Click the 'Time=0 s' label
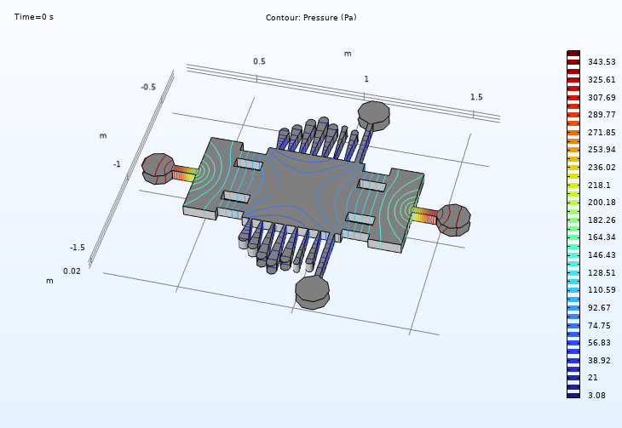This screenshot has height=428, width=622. [x=34, y=17]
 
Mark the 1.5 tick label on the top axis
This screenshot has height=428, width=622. [x=476, y=97]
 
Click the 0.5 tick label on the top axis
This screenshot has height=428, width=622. [x=259, y=61]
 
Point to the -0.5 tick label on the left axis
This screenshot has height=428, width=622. [x=148, y=87]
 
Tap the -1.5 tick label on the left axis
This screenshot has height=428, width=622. [x=78, y=248]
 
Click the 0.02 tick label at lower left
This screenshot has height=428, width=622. [x=72, y=271]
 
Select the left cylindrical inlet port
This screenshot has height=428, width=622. [x=157, y=168]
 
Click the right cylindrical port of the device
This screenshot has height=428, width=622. [x=453, y=220]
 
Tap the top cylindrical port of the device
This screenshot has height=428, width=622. [x=373, y=113]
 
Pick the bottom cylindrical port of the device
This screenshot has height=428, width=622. [x=312, y=291]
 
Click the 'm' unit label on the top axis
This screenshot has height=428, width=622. [x=347, y=54]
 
